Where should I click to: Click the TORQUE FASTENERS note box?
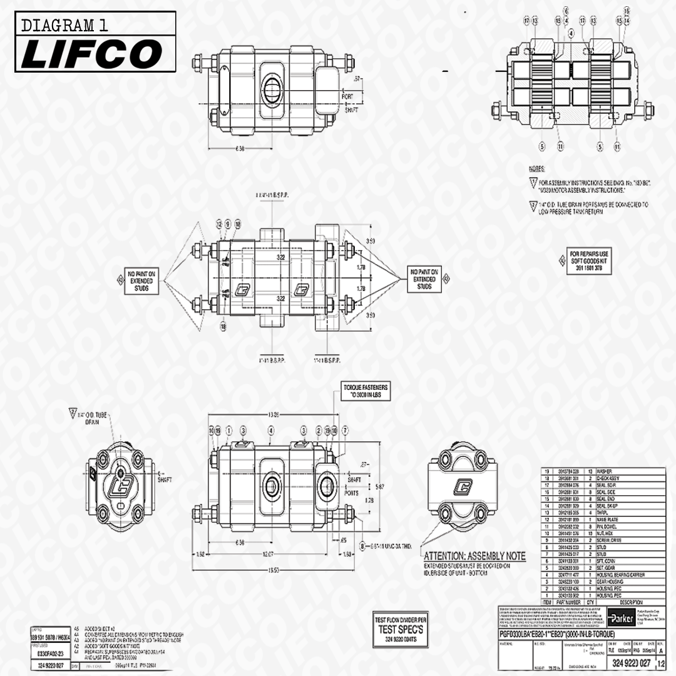coord(364,392)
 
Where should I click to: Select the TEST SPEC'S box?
coord(401,628)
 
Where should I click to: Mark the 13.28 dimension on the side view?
coord(272,414)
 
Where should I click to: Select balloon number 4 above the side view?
coord(271,431)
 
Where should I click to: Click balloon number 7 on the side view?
coord(344,431)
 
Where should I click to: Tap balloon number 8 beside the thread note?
coord(362,545)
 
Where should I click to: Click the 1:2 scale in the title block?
coord(661,663)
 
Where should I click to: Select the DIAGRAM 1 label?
coord(64,26)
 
